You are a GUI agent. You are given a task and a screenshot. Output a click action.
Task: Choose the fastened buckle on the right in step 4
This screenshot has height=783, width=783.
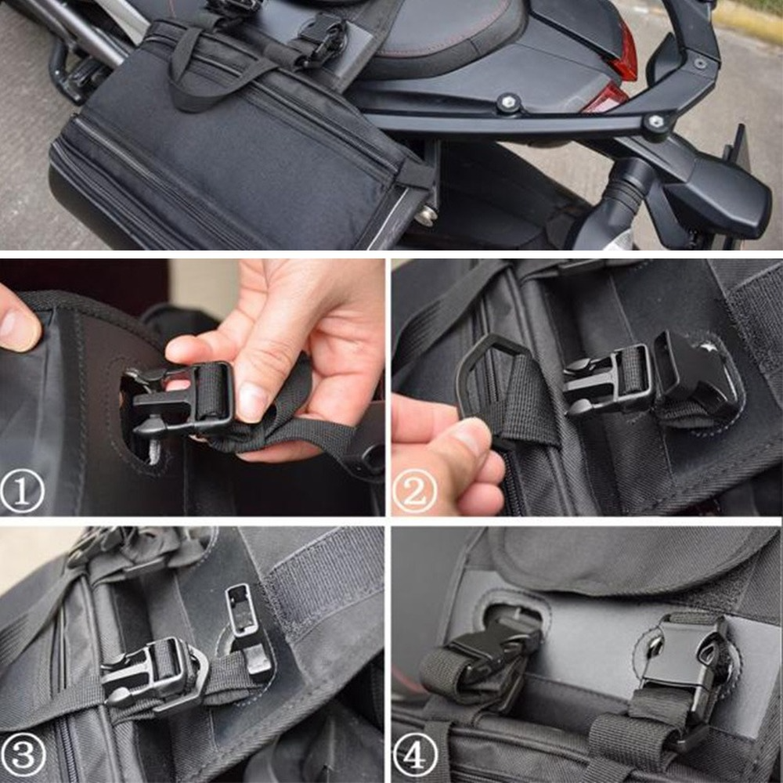[x=681, y=666]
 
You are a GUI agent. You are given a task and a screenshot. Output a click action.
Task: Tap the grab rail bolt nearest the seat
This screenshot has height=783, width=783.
[x=510, y=102]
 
